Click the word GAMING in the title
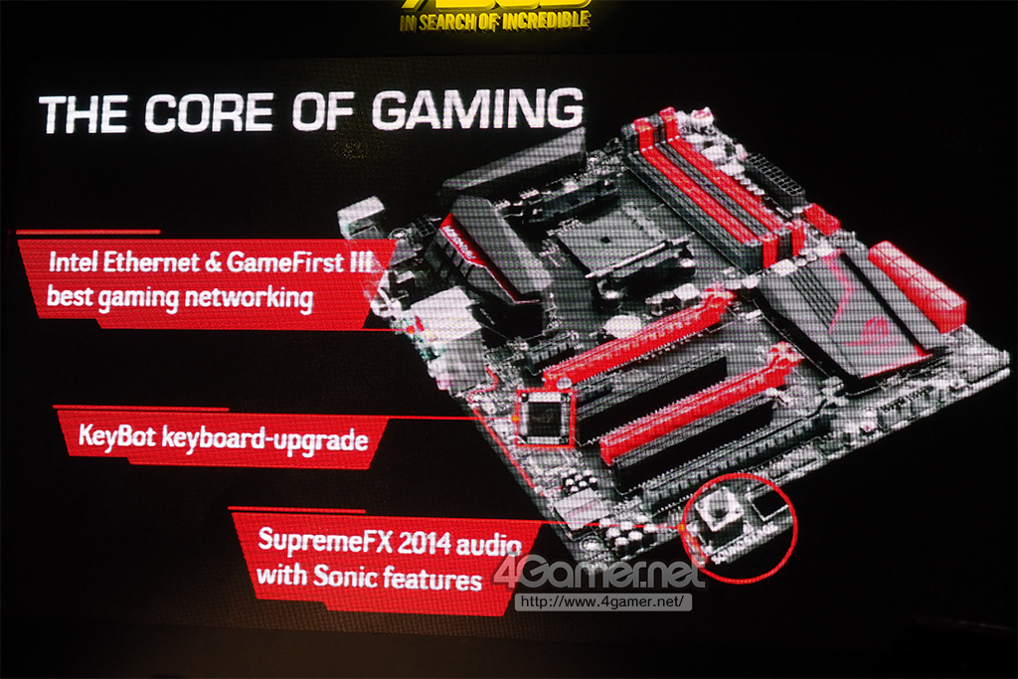point(477,109)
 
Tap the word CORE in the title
point(209,112)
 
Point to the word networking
point(249,298)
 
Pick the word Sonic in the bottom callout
point(343,576)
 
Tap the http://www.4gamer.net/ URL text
point(602,601)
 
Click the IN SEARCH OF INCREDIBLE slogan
point(495,22)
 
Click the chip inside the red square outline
point(544,419)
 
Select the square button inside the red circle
point(719,512)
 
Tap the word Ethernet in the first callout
point(151,261)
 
